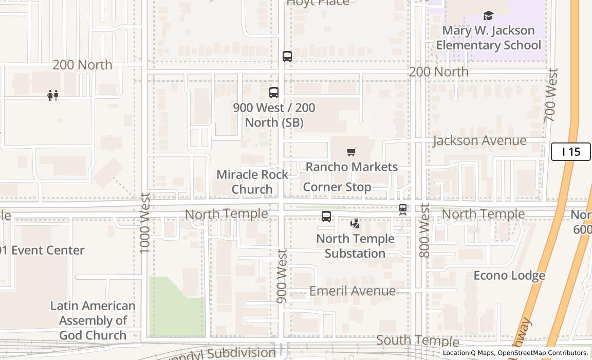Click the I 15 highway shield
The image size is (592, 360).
click(x=570, y=152)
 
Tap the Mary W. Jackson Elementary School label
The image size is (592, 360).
click(x=488, y=38)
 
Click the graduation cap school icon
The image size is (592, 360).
click(x=488, y=16)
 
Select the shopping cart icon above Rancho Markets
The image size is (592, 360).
click(x=351, y=152)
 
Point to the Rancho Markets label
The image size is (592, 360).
click(x=351, y=167)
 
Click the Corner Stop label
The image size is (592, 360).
click(x=337, y=187)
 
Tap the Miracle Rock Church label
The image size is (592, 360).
click(x=252, y=182)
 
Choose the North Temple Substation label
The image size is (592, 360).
click(x=355, y=246)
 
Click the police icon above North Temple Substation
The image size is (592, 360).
click(x=355, y=224)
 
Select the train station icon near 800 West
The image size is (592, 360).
click(x=403, y=209)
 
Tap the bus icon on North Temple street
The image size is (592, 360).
click(x=326, y=217)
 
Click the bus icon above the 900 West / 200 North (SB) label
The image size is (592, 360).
click(x=274, y=93)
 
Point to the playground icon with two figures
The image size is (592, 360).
click(x=53, y=96)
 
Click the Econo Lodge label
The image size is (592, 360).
click(x=509, y=276)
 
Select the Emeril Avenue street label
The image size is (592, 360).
click(x=353, y=291)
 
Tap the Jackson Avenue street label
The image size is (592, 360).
click(x=479, y=140)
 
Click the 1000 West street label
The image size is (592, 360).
click(x=145, y=223)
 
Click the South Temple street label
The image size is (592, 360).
click(x=417, y=340)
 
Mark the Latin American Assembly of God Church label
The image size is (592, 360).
click(x=92, y=320)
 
